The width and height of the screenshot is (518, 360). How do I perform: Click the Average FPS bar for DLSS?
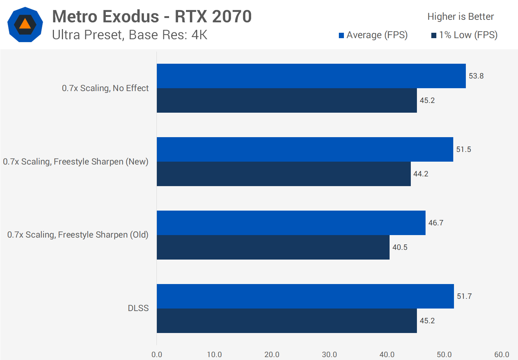(x=305, y=296)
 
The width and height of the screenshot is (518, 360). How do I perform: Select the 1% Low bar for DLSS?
(x=287, y=321)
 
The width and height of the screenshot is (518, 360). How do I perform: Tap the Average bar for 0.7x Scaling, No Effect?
(x=311, y=76)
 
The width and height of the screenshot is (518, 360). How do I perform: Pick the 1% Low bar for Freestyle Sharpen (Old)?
(x=273, y=247)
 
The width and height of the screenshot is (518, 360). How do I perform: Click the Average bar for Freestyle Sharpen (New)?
(x=305, y=149)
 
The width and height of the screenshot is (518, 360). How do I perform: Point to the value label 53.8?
(x=476, y=76)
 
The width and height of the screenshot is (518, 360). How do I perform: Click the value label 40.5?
(x=400, y=247)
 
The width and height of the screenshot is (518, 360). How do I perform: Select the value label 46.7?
(x=436, y=223)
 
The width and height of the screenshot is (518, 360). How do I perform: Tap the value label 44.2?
(x=421, y=174)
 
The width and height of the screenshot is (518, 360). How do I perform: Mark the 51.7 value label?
(x=464, y=296)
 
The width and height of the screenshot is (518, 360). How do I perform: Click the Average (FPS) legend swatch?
(x=341, y=35)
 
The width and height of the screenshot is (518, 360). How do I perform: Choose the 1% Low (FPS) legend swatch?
(x=434, y=35)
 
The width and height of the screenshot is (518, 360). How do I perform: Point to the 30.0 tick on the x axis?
(x=329, y=355)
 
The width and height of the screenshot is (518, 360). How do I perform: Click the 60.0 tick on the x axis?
(x=501, y=355)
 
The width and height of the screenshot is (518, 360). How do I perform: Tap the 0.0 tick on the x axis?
(x=157, y=355)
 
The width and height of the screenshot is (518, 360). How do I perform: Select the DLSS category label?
(x=138, y=308)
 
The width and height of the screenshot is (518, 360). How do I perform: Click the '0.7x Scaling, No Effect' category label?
(x=105, y=88)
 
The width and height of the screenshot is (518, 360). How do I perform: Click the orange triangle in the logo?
(x=25, y=24)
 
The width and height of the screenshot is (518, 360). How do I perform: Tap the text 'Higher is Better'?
(x=460, y=17)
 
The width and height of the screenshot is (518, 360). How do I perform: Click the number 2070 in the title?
(x=232, y=17)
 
